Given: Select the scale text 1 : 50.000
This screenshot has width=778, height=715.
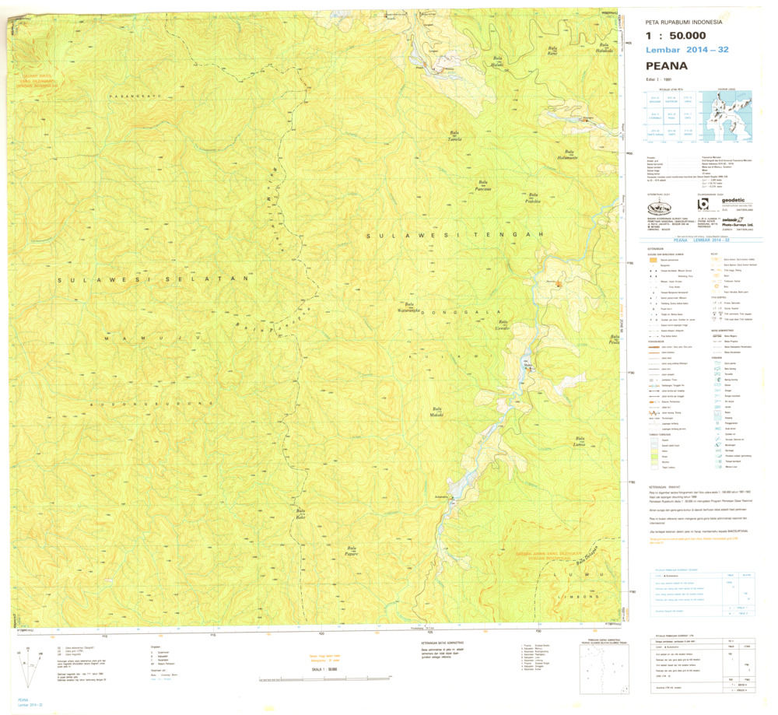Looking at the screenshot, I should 676,36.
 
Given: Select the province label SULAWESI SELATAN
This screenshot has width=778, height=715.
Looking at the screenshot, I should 156,278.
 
